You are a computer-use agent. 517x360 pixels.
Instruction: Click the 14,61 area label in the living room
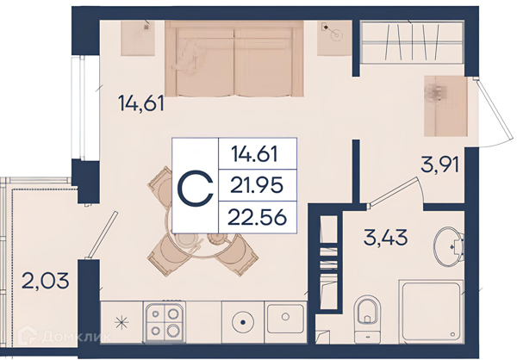tap(140, 102)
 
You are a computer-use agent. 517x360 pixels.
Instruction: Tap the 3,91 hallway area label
tap(439, 164)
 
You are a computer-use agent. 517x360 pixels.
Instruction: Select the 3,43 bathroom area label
tap(385, 238)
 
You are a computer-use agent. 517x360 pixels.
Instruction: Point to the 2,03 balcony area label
tap(46, 281)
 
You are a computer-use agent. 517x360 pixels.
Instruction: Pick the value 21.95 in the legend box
tap(257, 185)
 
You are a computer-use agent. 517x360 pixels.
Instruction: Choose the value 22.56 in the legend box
tap(257, 218)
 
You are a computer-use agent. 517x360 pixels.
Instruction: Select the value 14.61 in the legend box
tap(254, 154)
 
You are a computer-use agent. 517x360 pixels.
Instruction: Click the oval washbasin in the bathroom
tap(449, 245)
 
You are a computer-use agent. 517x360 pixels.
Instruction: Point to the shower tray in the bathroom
tap(431, 312)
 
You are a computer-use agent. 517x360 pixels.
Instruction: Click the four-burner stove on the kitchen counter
tap(165, 322)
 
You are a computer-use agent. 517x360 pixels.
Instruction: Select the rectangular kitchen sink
tap(285, 319)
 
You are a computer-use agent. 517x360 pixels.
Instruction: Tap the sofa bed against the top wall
tap(234, 59)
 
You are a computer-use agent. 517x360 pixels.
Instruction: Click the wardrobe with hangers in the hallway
tap(412, 41)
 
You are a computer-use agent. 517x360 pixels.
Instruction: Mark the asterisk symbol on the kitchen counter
tap(121, 322)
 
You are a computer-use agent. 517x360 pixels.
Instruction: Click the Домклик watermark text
tap(77, 337)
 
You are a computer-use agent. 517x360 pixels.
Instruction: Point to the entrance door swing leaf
tap(494, 111)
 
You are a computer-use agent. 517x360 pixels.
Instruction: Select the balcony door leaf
tap(102, 235)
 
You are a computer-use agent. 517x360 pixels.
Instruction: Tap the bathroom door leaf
tap(393, 193)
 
